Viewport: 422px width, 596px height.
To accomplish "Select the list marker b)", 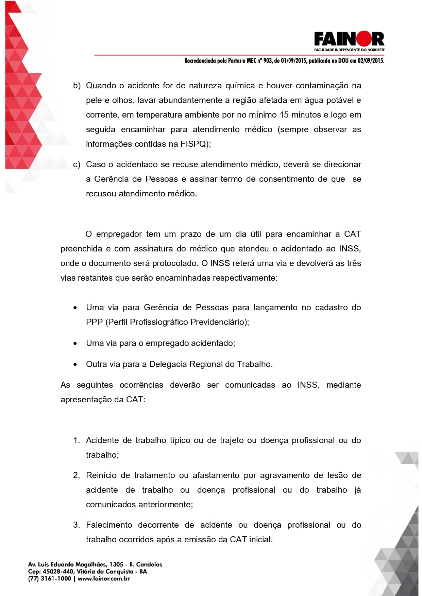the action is click(x=77, y=86).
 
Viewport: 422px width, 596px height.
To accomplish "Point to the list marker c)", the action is click(x=77, y=164).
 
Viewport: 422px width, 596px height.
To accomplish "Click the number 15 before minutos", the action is click(x=284, y=115).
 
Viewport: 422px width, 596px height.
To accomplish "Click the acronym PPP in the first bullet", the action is click(x=94, y=322).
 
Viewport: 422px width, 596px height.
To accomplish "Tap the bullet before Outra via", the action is click(x=75, y=365).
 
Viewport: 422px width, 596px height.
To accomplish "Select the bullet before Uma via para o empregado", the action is click(x=75, y=344).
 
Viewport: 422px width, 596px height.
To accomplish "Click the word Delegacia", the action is click(x=168, y=364).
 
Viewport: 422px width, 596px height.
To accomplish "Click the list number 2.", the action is click(x=76, y=475).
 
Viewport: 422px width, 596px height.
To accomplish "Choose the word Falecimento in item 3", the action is click(x=109, y=525).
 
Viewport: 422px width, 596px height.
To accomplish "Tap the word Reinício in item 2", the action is click(x=101, y=475).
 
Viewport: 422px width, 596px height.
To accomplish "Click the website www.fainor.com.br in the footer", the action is click(x=104, y=579).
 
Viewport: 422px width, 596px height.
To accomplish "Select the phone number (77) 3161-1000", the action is click(x=50, y=579).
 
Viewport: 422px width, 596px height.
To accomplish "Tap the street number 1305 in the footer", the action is click(x=116, y=564).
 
